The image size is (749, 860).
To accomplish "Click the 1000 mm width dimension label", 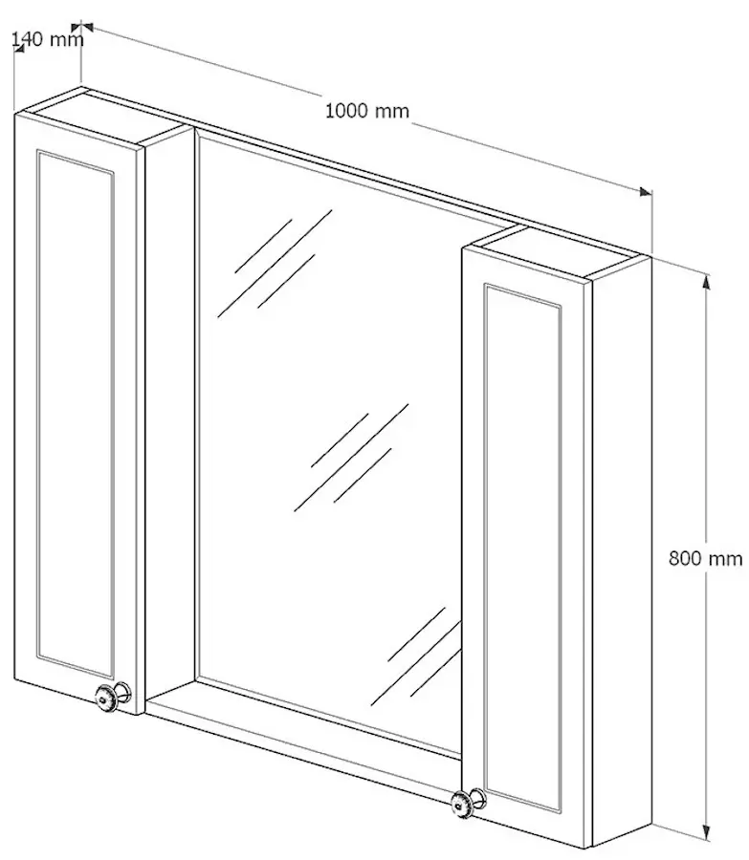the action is [367, 112].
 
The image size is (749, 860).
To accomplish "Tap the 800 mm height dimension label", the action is [706, 558].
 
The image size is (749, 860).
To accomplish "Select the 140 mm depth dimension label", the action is [48, 39].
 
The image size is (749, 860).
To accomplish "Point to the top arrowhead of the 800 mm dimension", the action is [707, 280].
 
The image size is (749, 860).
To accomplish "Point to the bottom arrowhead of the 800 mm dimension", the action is [707, 833].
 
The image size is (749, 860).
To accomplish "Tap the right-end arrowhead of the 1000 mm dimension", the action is [646, 192].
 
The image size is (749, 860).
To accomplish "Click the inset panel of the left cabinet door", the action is [76, 414].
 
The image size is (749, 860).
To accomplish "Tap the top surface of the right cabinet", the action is [556, 252].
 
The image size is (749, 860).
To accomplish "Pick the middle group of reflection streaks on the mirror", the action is [351, 458].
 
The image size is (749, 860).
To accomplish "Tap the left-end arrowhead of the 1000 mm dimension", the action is [87, 26].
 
